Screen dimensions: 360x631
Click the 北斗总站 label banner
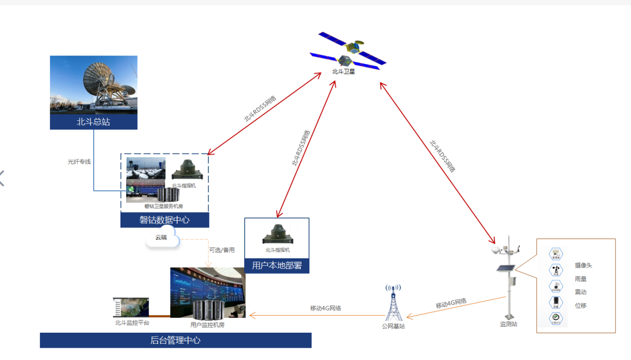[x=94, y=122]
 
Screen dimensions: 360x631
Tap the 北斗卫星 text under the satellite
[x=343, y=72]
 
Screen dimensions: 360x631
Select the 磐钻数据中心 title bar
[x=165, y=220]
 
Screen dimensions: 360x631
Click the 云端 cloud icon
[x=162, y=238]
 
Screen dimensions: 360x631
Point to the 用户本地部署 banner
[x=277, y=265]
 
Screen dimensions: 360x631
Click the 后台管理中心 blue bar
[x=176, y=340]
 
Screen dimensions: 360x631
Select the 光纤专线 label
[x=79, y=162]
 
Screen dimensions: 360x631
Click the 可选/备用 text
[x=222, y=250]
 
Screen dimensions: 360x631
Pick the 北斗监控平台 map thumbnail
[x=131, y=307]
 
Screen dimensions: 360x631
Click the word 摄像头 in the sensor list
[x=583, y=265]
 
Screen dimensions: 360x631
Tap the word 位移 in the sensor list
[x=580, y=305]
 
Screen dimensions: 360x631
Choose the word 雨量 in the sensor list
[x=580, y=279]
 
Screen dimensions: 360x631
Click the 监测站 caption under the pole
[x=508, y=324]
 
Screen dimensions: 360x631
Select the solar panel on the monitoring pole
[x=505, y=269]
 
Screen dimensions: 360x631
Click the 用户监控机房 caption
[x=207, y=325]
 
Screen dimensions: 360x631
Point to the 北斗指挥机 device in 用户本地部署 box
[x=277, y=234]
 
